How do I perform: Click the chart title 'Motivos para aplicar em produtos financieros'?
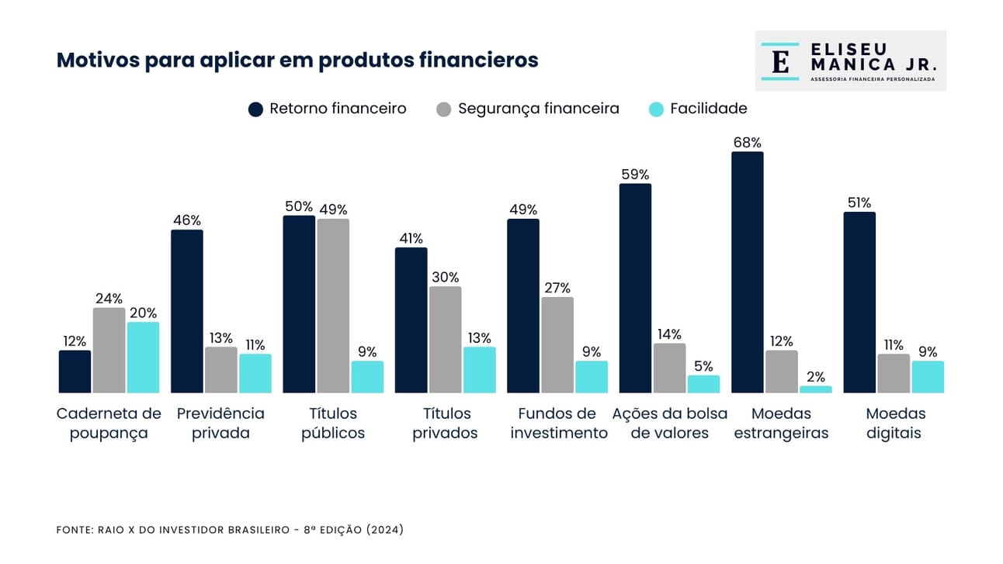click(x=297, y=61)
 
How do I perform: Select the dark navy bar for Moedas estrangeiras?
click(x=747, y=272)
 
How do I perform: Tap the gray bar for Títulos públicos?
click(x=333, y=306)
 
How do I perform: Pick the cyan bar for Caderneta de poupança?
click(x=143, y=358)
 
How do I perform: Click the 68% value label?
click(x=747, y=143)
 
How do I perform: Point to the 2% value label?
click(x=815, y=377)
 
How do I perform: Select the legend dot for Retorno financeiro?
click(x=256, y=109)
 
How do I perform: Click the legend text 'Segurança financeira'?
click(x=538, y=109)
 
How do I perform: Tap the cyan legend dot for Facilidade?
click(x=656, y=109)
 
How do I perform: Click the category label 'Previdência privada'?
click(x=220, y=423)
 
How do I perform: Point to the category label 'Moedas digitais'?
click(x=895, y=423)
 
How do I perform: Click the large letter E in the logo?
click(x=780, y=61)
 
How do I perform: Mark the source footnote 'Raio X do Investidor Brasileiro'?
click(x=230, y=530)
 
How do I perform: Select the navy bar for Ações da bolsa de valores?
click(x=635, y=288)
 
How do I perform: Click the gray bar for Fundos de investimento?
click(x=557, y=344)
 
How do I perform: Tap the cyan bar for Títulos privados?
click(x=479, y=369)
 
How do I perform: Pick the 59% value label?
click(x=635, y=175)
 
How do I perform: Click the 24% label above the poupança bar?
click(x=109, y=299)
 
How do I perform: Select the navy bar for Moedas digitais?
click(x=859, y=302)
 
